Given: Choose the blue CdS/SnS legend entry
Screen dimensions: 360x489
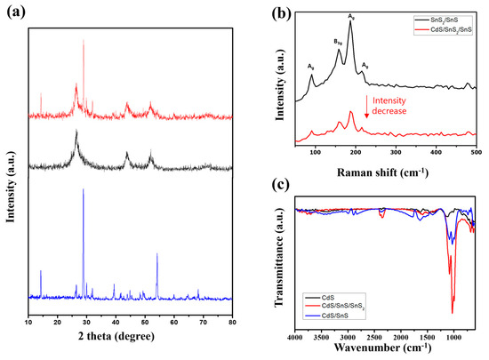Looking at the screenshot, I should click(331, 320).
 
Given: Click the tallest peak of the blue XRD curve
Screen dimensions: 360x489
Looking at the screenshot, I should click(84, 189).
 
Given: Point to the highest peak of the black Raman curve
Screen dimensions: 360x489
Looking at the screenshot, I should click(351, 22).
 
